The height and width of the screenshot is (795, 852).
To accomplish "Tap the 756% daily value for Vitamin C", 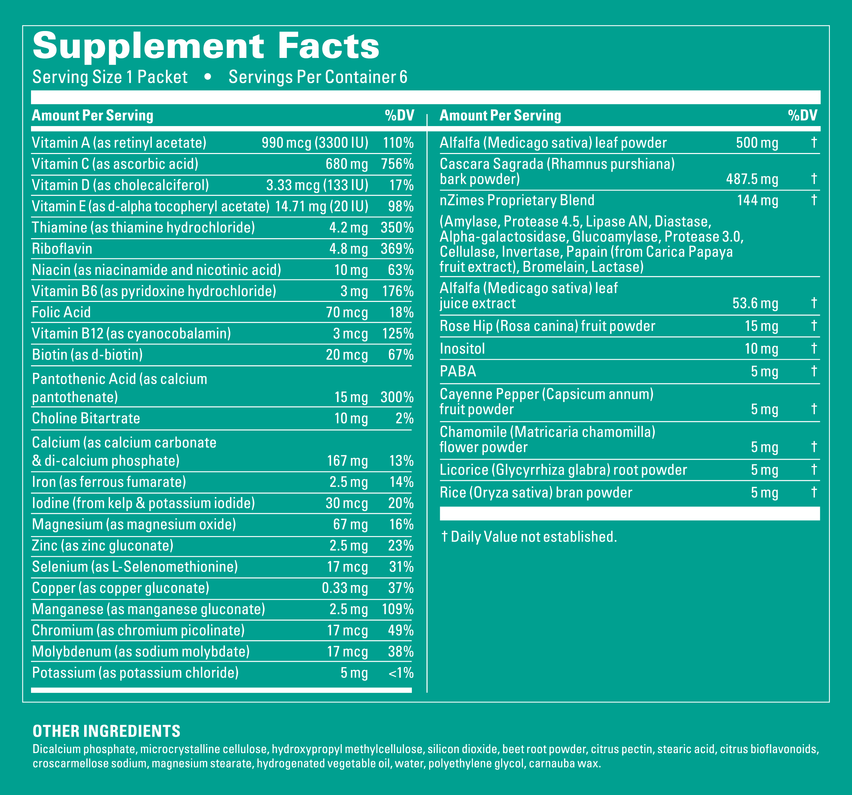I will (x=397, y=164).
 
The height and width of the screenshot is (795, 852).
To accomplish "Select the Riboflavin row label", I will (x=62, y=249).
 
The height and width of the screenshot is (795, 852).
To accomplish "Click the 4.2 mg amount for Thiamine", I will (x=348, y=228).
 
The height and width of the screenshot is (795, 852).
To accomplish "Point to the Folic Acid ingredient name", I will (x=61, y=312).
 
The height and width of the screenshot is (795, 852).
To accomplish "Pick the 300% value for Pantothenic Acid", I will (x=397, y=397).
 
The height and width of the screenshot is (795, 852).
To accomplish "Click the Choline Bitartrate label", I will (x=86, y=418).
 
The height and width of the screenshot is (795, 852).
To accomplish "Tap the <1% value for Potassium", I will (x=401, y=673).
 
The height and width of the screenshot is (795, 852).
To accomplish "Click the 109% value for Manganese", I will (x=397, y=609).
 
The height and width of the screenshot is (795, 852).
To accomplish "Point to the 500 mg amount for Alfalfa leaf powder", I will (x=757, y=143).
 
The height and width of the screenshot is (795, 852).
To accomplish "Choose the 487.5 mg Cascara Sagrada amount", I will (x=752, y=179).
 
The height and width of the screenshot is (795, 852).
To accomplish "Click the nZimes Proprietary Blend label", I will (x=517, y=200).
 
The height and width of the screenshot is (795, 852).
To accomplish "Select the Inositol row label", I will (x=462, y=349).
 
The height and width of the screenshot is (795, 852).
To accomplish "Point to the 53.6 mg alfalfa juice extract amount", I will (x=755, y=304).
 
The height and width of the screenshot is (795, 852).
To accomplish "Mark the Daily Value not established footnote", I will (x=529, y=537).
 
